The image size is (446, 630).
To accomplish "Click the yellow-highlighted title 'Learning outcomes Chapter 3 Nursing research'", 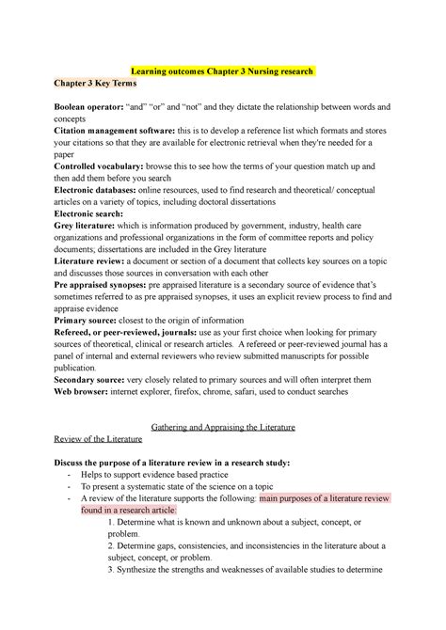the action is (223, 70).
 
